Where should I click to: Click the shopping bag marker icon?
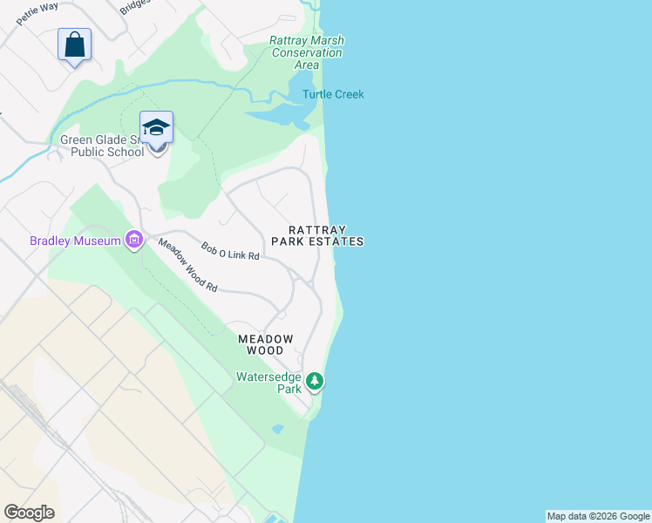coord(75,44)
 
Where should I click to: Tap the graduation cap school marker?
coord(156,128)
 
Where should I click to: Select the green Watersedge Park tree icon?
coord(315,381)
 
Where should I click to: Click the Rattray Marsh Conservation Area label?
coord(306,52)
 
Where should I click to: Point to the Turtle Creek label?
coord(333,94)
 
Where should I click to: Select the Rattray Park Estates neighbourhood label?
coord(316,235)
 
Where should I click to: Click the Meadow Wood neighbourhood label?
coord(266,343)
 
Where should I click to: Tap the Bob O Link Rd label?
coord(231,252)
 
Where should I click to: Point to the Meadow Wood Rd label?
coord(187,265)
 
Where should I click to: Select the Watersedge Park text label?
coord(268,384)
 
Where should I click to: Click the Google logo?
coord(29,513)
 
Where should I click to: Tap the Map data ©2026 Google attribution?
coord(599,516)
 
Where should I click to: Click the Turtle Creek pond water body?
coord(279,114)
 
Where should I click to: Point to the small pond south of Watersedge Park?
coord(277,429)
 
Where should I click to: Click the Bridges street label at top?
coord(135,6)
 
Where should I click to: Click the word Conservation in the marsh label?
coord(306,52)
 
